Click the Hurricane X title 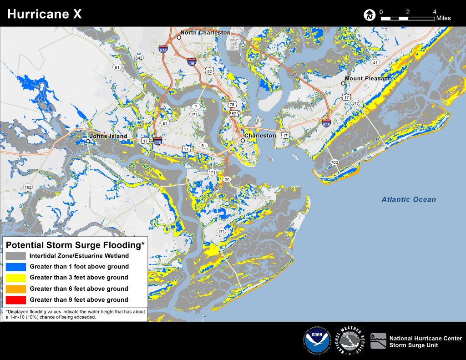click(45, 14)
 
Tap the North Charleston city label click(206, 33)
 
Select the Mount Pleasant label click(367, 78)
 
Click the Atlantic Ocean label click(408, 199)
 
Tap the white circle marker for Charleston click(243, 141)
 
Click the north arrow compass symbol click(369, 15)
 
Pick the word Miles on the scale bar click(443, 18)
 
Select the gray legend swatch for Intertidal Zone click(16, 256)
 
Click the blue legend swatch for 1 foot click(16, 267)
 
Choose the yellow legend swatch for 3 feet click(16, 278)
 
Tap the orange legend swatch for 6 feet click(16, 289)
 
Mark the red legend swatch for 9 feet click(16, 300)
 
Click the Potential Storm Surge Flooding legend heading click(75, 245)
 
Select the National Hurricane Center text click(425, 338)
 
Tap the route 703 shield click(334, 162)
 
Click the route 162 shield click(28, 187)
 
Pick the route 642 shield click(139, 58)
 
